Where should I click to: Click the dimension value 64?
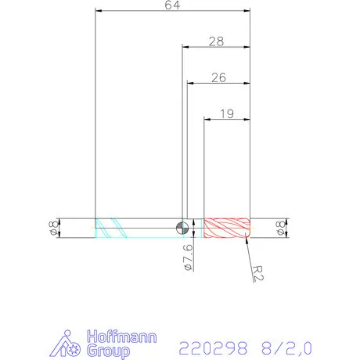tap(171, 5)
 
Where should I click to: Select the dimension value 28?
tap(217, 41)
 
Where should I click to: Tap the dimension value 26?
tap(218, 77)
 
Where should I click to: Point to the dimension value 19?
tap(227, 113)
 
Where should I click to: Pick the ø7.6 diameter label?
tap(187, 258)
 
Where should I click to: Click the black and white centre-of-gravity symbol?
tap(182, 228)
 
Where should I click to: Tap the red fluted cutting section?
tap(226, 228)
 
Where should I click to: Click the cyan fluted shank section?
tap(113, 228)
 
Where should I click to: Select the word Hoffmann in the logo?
tap(121, 337)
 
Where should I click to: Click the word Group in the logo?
tap(110, 351)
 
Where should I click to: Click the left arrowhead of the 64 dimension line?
tap(98, 11)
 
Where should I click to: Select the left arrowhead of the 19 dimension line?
tap(207, 119)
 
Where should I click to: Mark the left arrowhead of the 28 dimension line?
tap(185, 46)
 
